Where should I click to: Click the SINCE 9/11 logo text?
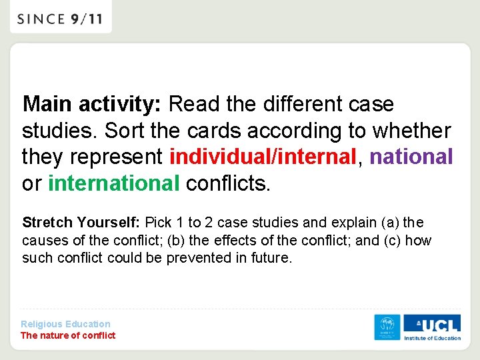(61, 19)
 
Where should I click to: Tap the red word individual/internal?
(263, 157)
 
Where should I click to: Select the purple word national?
(411, 157)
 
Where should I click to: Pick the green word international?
(114, 183)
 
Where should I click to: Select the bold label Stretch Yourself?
(81, 222)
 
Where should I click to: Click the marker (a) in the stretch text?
(391, 222)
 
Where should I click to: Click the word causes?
(43, 240)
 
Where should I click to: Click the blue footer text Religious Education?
(65, 324)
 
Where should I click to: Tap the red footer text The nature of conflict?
(68, 335)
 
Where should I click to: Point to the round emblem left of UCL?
(387, 327)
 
